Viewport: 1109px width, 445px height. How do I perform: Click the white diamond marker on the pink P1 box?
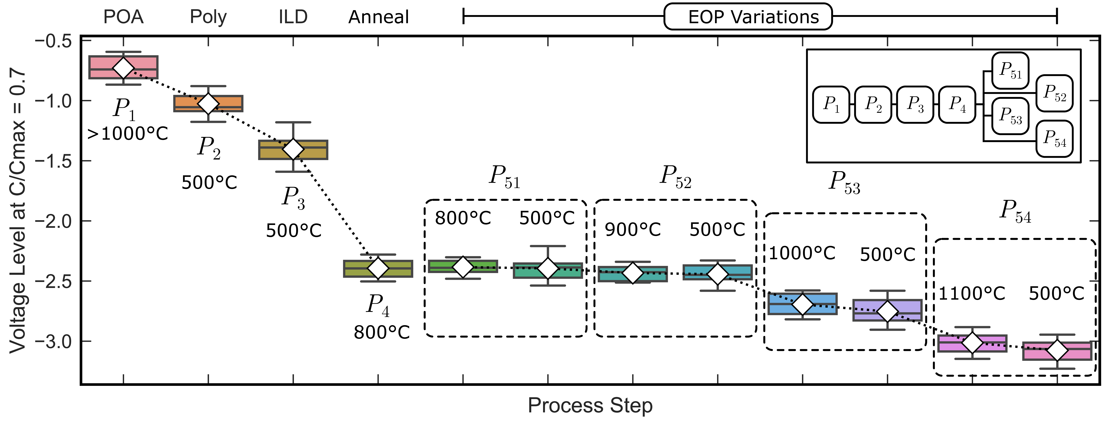124,68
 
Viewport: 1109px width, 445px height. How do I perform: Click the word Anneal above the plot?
378,17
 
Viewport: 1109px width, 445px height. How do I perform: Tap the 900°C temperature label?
632,230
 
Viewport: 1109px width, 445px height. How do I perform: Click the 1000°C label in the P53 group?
802,253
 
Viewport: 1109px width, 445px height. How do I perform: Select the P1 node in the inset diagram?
831,105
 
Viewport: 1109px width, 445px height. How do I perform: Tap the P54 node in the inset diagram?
1054,139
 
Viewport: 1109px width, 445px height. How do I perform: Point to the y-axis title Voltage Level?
18,211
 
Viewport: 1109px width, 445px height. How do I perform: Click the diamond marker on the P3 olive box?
293,149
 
